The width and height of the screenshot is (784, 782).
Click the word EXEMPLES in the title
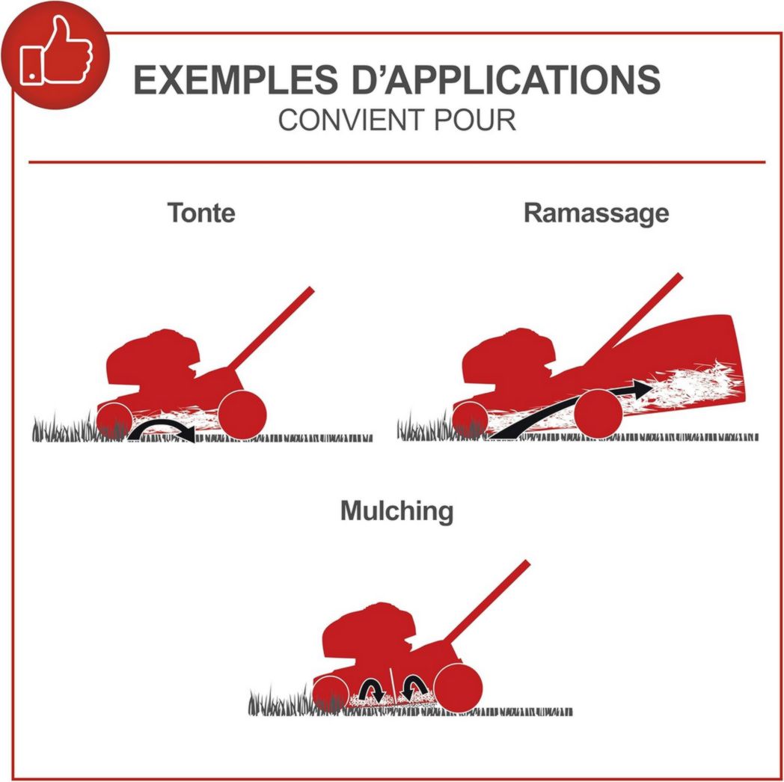[x=235, y=79]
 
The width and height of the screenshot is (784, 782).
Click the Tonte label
[x=201, y=213]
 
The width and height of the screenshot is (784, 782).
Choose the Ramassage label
[x=596, y=213]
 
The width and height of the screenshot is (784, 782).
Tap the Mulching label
[x=397, y=512]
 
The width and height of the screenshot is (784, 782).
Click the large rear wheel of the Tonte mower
[x=242, y=415]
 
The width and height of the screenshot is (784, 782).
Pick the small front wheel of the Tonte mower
[x=114, y=421]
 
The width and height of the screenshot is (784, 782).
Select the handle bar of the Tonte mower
[x=272, y=328]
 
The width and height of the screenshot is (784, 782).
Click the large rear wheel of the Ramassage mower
[x=598, y=413]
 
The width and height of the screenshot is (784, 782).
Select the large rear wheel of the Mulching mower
[x=458, y=688]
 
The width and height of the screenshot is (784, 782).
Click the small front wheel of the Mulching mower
[x=331, y=694]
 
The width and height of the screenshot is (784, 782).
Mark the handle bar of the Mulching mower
[x=486, y=602]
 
